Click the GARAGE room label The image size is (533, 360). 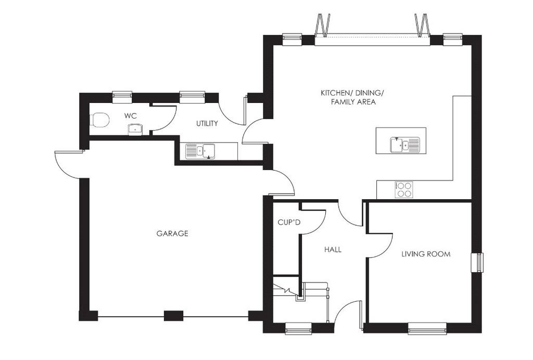pyautogui.click(x=172, y=234)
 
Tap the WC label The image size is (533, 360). pyautogui.click(x=131, y=116)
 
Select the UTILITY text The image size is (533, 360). pyautogui.click(x=207, y=124)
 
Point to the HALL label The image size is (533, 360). pyautogui.click(x=333, y=250)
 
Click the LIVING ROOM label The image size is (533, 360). pyautogui.click(x=426, y=254)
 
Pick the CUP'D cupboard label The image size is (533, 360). pyautogui.click(x=289, y=223)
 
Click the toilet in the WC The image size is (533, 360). pyautogui.click(x=99, y=120)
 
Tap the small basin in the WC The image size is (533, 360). pyautogui.click(x=136, y=130)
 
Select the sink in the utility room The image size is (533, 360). pyautogui.click(x=200, y=151)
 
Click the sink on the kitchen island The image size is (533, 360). pyautogui.click(x=405, y=145)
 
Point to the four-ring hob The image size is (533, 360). pyautogui.click(x=404, y=190)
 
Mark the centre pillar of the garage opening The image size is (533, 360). pyautogui.click(x=174, y=316)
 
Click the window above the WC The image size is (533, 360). pyautogui.click(x=122, y=97)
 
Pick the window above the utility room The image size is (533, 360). pyautogui.click(x=193, y=97)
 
